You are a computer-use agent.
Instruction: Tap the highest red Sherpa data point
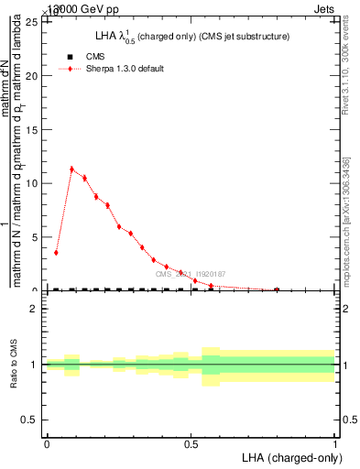(x=71, y=169)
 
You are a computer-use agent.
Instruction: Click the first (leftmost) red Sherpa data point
(x=56, y=252)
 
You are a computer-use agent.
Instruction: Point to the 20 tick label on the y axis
(x=34, y=76)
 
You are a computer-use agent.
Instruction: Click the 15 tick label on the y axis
(x=34, y=130)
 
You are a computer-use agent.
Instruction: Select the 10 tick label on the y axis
(x=34, y=183)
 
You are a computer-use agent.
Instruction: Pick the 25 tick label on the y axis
(x=34, y=23)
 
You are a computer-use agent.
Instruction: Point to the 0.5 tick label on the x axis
(x=191, y=442)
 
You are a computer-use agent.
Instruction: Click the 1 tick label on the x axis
(x=335, y=442)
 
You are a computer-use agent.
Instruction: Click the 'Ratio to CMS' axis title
(x=14, y=365)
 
